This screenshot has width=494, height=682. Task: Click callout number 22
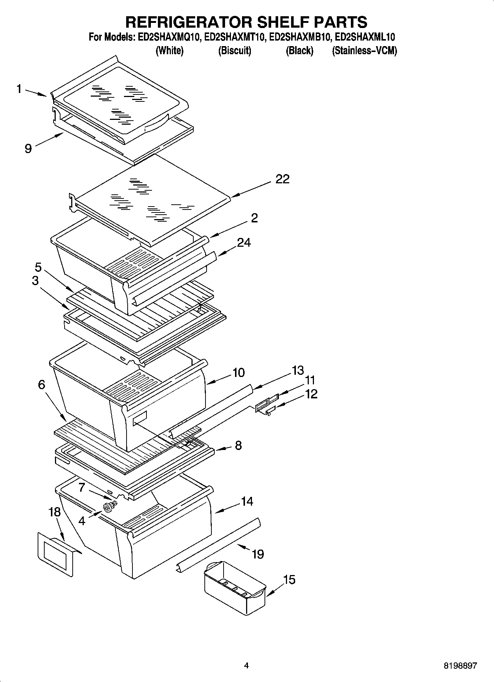coord(282,179)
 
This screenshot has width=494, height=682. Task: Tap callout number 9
coord(28,148)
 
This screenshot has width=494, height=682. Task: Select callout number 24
coord(243,242)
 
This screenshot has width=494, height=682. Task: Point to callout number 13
coord(297,370)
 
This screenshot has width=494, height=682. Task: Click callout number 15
coord(290,580)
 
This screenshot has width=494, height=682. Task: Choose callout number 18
coord(54,512)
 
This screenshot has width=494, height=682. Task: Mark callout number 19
coord(258,554)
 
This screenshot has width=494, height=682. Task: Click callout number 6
coord(41,385)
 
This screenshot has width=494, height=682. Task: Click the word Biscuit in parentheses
coord(235,51)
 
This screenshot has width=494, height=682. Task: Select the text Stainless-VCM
coord(365,51)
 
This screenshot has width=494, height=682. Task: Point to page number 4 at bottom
coord(246,666)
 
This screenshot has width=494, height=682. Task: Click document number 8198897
coord(460,666)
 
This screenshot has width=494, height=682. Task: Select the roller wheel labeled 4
coord(108,508)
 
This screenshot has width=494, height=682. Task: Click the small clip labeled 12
coord(270,411)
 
